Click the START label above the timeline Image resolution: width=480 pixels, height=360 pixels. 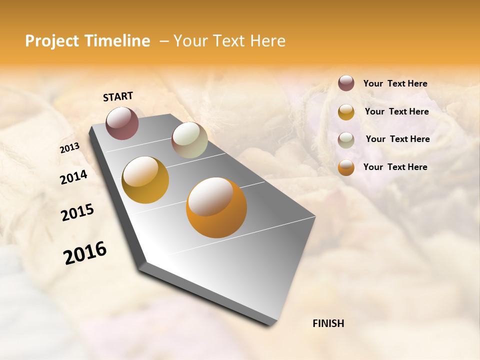[118, 96]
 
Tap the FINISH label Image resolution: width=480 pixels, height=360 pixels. [328, 323]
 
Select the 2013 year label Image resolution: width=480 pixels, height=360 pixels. [69, 148]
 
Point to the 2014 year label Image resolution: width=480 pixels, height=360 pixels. [73, 177]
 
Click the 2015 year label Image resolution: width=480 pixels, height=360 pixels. [77, 212]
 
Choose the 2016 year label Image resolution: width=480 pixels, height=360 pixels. [85, 253]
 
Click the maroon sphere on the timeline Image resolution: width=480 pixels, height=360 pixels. [122, 123]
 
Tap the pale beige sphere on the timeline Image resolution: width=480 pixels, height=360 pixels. [189, 140]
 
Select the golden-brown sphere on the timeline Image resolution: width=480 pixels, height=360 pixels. [145, 180]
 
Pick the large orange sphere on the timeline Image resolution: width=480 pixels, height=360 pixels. [216, 207]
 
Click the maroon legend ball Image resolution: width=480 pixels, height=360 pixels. [346, 83]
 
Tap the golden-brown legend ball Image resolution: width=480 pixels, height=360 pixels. [346, 112]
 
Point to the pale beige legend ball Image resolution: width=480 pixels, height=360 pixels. [346, 140]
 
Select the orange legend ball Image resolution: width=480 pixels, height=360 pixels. [346, 167]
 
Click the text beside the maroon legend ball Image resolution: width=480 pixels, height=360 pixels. [395, 84]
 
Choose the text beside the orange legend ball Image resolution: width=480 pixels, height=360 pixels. [395, 167]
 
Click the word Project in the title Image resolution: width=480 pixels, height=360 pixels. [51, 41]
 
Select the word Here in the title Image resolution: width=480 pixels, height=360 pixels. [267, 41]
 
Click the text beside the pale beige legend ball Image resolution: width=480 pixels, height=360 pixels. [397, 139]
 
